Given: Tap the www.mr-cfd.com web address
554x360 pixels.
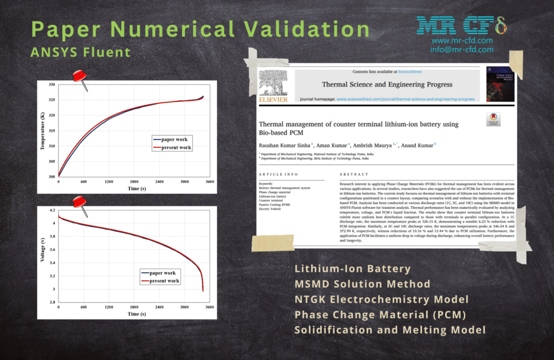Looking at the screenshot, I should coord(462,41).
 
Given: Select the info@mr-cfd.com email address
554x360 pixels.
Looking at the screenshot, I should coord(462,49).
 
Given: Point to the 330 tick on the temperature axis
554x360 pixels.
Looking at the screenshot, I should coord(51,85).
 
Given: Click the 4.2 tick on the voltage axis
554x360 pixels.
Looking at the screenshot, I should coord(52,210).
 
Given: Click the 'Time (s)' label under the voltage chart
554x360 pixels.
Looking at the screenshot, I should coord(133,314).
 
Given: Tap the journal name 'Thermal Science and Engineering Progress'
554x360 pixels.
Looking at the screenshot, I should coord(387,84).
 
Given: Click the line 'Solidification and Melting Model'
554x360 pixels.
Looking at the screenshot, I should coord(390,330).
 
